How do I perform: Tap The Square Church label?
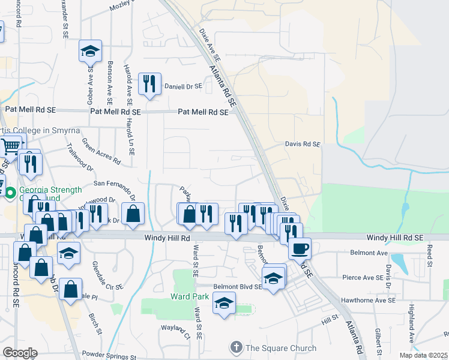[x=280, y=348]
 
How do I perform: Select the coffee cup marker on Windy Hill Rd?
[x=300, y=248]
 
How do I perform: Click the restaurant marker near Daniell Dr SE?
[x=149, y=84]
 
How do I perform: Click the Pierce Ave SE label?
[x=363, y=277]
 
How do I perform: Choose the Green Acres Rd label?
[x=101, y=152]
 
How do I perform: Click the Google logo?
[x=20, y=352]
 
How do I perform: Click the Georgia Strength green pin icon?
[x=10, y=194]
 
